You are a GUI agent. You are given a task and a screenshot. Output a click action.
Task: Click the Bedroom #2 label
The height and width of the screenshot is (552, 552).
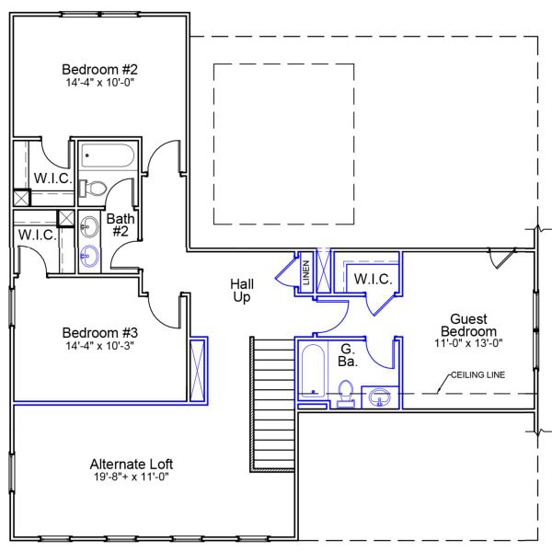[99, 70]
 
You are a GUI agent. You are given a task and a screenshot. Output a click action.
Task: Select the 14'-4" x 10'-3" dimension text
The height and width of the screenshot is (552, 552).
[99, 347]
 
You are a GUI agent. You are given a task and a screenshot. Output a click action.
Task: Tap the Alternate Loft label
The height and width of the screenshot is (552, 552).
[132, 464]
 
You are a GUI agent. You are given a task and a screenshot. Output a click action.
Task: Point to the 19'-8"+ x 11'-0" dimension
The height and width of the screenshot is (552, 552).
[132, 477]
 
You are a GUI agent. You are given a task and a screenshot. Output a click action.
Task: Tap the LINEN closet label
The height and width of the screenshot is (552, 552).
[305, 273]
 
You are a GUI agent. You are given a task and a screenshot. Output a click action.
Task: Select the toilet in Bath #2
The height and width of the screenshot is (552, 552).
[93, 188]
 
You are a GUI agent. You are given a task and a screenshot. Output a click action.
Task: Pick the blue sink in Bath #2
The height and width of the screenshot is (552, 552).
[90, 256]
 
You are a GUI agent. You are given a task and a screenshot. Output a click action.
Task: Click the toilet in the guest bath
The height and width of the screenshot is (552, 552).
[346, 395]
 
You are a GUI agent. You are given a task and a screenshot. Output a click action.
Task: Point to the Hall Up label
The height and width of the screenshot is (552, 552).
[242, 291]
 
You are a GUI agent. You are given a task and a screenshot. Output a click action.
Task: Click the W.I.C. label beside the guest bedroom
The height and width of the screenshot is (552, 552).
[373, 279]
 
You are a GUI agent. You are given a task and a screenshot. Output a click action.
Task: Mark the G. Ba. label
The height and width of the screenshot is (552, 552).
[348, 355]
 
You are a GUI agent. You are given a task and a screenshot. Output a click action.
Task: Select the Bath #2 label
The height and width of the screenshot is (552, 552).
[121, 225]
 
